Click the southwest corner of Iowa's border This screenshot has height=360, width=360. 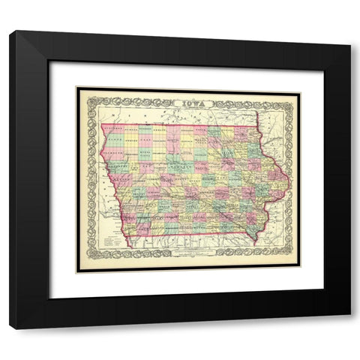(129, 247)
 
